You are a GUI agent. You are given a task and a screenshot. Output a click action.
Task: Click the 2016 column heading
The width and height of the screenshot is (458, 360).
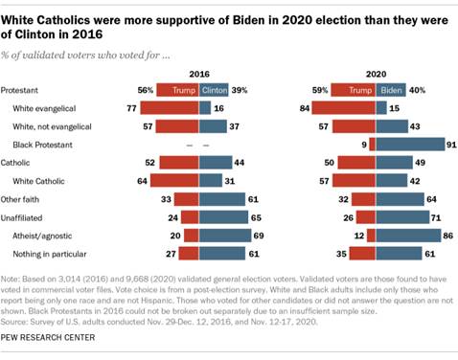(199, 74)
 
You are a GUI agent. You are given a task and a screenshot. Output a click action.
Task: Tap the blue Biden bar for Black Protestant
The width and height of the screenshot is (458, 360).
(407, 144)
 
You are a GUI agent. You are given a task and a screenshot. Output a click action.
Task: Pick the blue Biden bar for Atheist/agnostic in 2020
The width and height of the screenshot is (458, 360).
(405, 235)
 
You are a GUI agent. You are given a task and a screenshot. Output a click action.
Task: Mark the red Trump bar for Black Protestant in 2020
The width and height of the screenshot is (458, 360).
(372, 144)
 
